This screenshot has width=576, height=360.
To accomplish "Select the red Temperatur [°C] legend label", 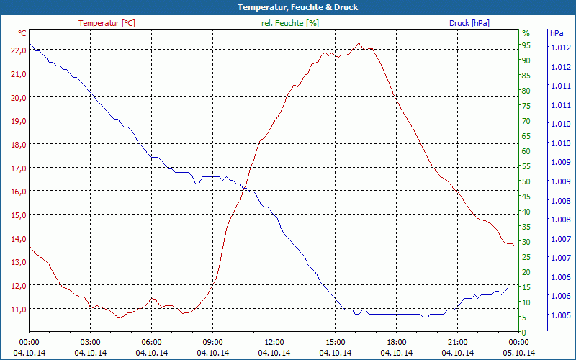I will coord(107,23).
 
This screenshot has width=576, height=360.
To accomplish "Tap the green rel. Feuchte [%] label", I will coord(289,23).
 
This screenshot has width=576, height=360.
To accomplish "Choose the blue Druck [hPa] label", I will coord(469,23).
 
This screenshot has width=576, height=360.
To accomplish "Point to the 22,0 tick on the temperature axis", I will coord(17,50).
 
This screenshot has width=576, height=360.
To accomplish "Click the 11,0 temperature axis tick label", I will coord(17,309).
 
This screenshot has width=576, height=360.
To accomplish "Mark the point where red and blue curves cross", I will coord(246,189).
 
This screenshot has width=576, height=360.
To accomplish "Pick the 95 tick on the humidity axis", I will coord(526,45).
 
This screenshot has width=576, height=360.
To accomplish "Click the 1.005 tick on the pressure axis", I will coord(560,315).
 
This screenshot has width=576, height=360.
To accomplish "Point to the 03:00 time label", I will coord(90,342).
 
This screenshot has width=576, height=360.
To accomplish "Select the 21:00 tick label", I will coord(457,342).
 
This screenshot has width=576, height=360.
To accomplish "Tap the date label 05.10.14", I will coord(518,353).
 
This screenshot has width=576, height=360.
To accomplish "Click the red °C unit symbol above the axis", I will coord(22,33).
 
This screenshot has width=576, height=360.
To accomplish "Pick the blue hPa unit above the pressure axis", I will coord(557,33).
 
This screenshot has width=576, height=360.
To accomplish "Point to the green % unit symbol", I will coord(526,33).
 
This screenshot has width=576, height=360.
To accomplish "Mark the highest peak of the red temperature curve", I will coord(359,43).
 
